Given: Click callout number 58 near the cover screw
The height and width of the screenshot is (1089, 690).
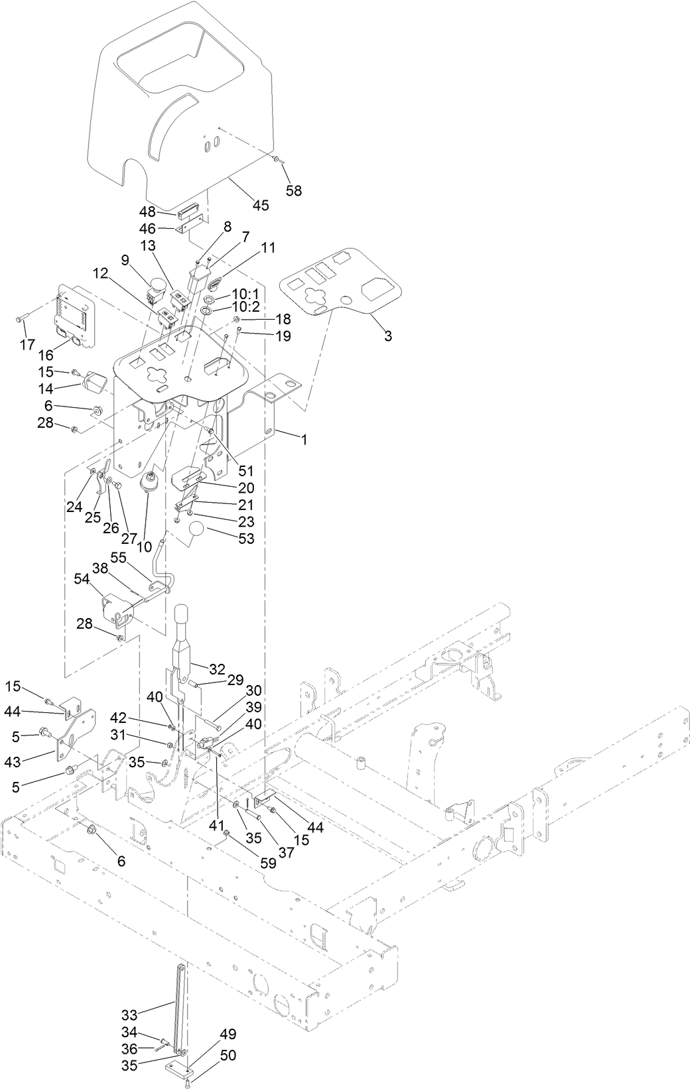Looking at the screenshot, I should pyautogui.click(x=293, y=190).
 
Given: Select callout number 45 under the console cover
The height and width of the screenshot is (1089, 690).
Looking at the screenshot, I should pyautogui.click(x=260, y=205).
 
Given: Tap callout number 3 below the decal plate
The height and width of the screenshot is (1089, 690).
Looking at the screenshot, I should pyautogui.click(x=387, y=336).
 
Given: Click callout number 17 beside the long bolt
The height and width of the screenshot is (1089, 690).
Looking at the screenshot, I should pyautogui.click(x=27, y=344).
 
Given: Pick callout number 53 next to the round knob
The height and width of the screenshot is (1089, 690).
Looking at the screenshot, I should pyautogui.click(x=245, y=539).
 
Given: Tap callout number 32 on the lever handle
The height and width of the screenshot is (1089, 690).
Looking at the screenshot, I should pyautogui.click(x=218, y=669).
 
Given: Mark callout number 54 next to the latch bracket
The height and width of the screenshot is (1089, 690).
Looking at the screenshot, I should pyautogui.click(x=82, y=579).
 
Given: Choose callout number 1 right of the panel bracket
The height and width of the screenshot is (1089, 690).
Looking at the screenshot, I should pyautogui.click(x=305, y=439).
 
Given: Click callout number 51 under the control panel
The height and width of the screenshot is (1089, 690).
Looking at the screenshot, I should pyautogui.click(x=246, y=471).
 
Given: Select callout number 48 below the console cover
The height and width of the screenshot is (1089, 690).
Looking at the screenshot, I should pyautogui.click(x=147, y=212).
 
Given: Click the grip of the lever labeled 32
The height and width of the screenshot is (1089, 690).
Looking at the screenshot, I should pyautogui.click(x=183, y=624).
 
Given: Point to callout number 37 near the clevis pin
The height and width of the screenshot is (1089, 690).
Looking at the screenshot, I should pyautogui.click(x=286, y=852).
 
